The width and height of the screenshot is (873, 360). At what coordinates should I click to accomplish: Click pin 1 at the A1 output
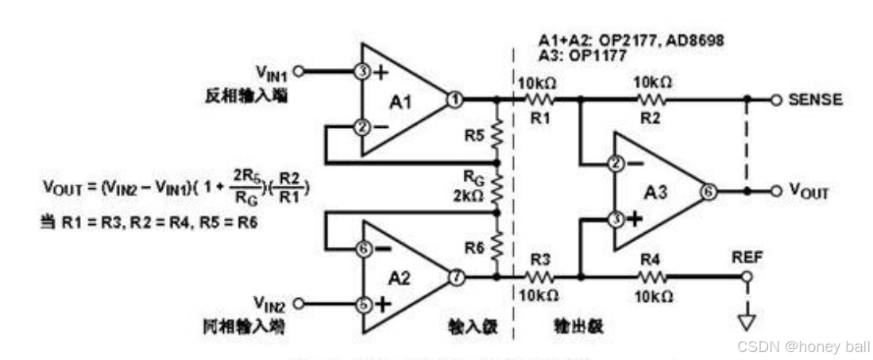coord(454,100)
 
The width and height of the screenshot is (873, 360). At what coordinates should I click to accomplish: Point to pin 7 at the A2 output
coord(455,277)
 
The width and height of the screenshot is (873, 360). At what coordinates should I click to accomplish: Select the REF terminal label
coord(745,257)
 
